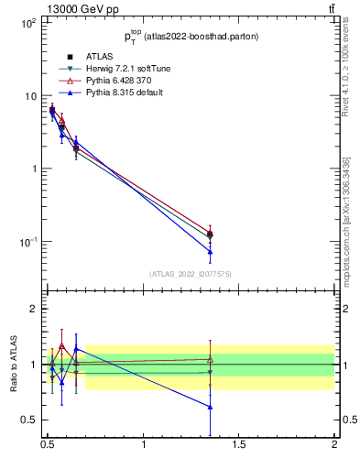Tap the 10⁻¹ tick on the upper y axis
(x=28, y=242)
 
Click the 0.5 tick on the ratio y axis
(x=28, y=420)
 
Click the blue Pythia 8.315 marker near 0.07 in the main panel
(x=210, y=251)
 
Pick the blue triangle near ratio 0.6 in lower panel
(x=210, y=407)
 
